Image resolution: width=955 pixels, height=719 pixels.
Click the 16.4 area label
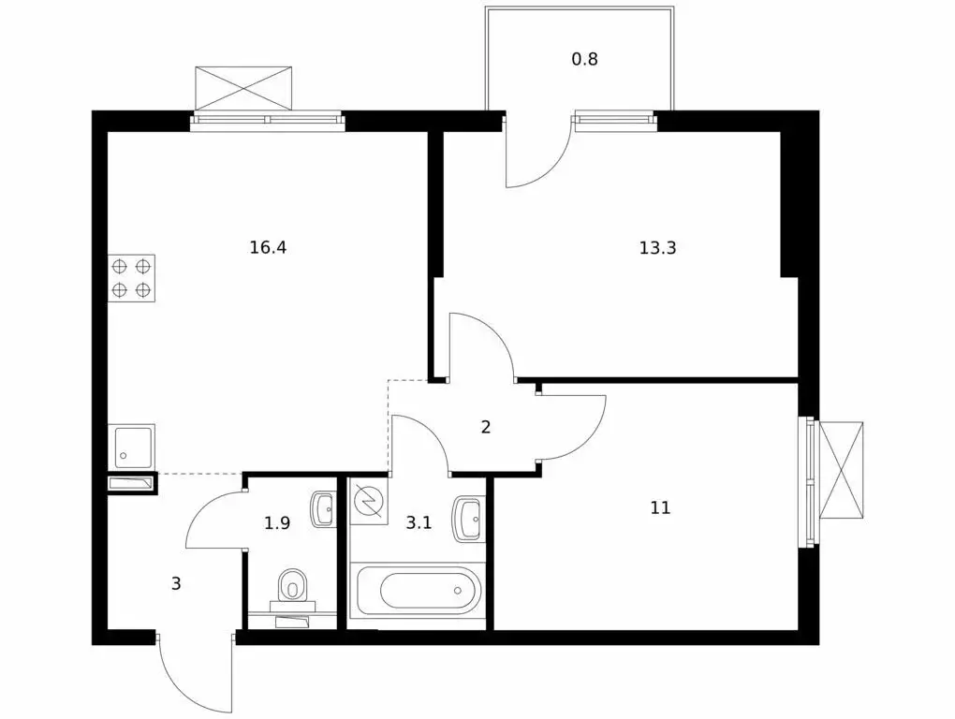(x=268, y=248)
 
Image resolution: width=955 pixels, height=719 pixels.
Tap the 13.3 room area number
(x=658, y=248)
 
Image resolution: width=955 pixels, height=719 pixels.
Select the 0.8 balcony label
(x=584, y=60)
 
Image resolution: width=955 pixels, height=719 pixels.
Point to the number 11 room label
(x=660, y=507)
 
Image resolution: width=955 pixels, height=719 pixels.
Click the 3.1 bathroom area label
(x=419, y=522)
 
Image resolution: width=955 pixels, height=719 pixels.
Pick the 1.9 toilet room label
(x=277, y=523)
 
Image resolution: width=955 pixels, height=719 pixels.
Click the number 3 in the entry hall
(x=176, y=584)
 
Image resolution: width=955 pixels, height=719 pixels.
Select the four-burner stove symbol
(x=131, y=278)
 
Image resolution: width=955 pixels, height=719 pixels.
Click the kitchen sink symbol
(x=131, y=447)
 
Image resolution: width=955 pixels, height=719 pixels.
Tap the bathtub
(x=419, y=591)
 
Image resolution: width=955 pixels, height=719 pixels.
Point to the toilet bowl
(x=293, y=586)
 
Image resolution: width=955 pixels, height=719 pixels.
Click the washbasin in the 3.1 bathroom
(x=468, y=518)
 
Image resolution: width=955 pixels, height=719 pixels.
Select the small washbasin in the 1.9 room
(x=323, y=509)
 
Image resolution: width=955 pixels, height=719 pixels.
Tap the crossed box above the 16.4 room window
(x=243, y=88)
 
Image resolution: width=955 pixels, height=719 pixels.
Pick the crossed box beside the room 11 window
(x=841, y=469)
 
